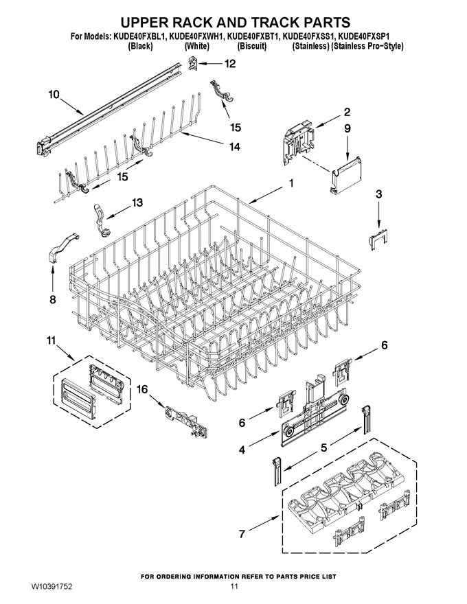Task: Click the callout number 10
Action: tap(54, 94)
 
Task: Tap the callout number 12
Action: tap(230, 64)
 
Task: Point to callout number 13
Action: tap(137, 202)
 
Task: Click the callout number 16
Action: tap(142, 389)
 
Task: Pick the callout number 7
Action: tap(242, 534)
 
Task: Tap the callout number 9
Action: tap(348, 128)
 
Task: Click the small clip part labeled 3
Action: tap(378, 240)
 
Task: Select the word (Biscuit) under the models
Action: tap(251, 46)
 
